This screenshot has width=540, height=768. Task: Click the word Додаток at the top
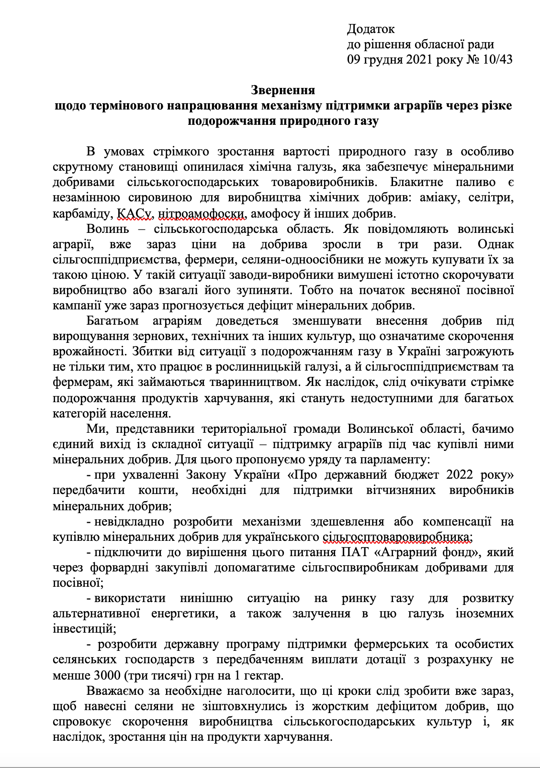[x=371, y=29]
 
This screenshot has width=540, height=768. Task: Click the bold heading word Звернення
[x=282, y=90]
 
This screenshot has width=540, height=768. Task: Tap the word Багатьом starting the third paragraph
[x=112, y=320]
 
